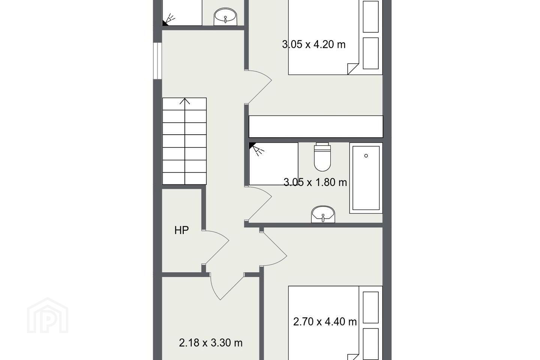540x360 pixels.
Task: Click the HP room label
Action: tap(181, 230)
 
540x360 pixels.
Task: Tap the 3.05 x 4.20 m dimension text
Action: tap(313, 45)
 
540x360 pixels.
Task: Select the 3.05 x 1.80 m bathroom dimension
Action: tap(315, 182)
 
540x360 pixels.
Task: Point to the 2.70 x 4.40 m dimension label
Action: tap(325, 322)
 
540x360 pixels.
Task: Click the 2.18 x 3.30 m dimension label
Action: tap(210, 343)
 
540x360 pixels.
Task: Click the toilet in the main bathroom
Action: tap(322, 157)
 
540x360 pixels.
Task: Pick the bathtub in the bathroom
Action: tap(366, 178)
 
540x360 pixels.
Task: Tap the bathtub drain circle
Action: tap(366, 156)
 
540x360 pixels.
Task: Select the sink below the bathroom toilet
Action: tap(323, 214)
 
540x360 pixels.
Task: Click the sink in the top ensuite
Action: tap(225, 17)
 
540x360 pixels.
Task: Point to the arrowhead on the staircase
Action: tap(184, 101)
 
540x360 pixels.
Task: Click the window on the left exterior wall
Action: tap(157, 61)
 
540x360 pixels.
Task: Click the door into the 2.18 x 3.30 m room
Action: tap(226, 286)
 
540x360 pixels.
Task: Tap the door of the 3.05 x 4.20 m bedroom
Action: tap(259, 87)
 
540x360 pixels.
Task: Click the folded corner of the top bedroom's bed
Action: tap(353, 69)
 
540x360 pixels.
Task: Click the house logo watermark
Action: tap(48, 315)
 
